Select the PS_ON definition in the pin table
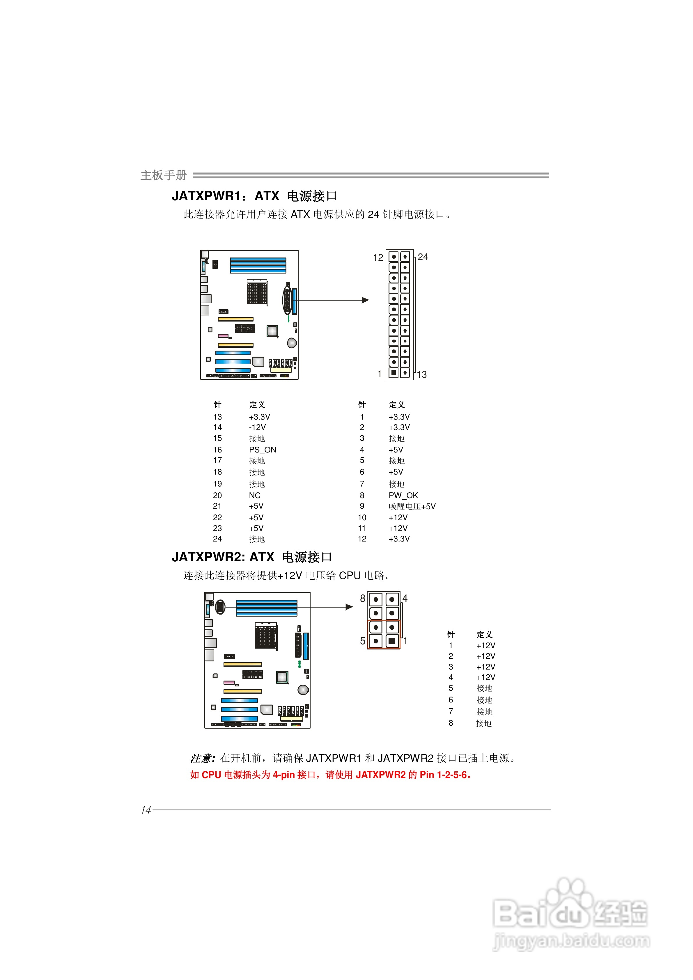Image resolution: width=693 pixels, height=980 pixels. (263, 450)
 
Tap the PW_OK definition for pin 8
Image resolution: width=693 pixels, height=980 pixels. (403, 495)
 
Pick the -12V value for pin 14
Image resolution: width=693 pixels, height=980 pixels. (258, 427)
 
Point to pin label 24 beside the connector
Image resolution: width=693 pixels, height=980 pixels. (423, 257)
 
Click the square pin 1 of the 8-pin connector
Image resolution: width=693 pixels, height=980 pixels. (391, 641)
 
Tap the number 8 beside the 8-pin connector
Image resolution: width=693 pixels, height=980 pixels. (363, 599)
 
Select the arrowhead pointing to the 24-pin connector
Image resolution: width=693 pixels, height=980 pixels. (366, 300)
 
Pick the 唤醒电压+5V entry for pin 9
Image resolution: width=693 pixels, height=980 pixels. (412, 506)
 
